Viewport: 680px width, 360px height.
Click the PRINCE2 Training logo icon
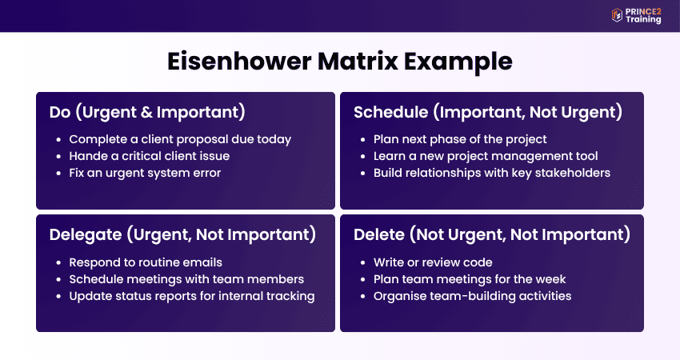617,15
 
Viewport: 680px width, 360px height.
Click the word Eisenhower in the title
239,61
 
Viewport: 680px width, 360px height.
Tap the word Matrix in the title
358,61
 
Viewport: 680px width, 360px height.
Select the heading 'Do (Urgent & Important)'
147,112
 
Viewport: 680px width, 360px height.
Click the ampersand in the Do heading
147,112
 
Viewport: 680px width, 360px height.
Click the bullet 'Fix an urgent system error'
145,173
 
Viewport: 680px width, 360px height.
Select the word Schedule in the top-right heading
390,112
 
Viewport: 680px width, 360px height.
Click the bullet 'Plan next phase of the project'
460,139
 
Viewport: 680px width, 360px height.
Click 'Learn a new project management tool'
486,156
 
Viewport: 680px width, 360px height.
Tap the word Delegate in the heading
85,234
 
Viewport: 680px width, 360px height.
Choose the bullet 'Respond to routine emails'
146,262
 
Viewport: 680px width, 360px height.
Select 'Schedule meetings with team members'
186,279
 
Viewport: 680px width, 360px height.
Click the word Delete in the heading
379,234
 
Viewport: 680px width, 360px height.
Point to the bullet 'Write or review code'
433,262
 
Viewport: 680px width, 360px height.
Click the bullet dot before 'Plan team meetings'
363,280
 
